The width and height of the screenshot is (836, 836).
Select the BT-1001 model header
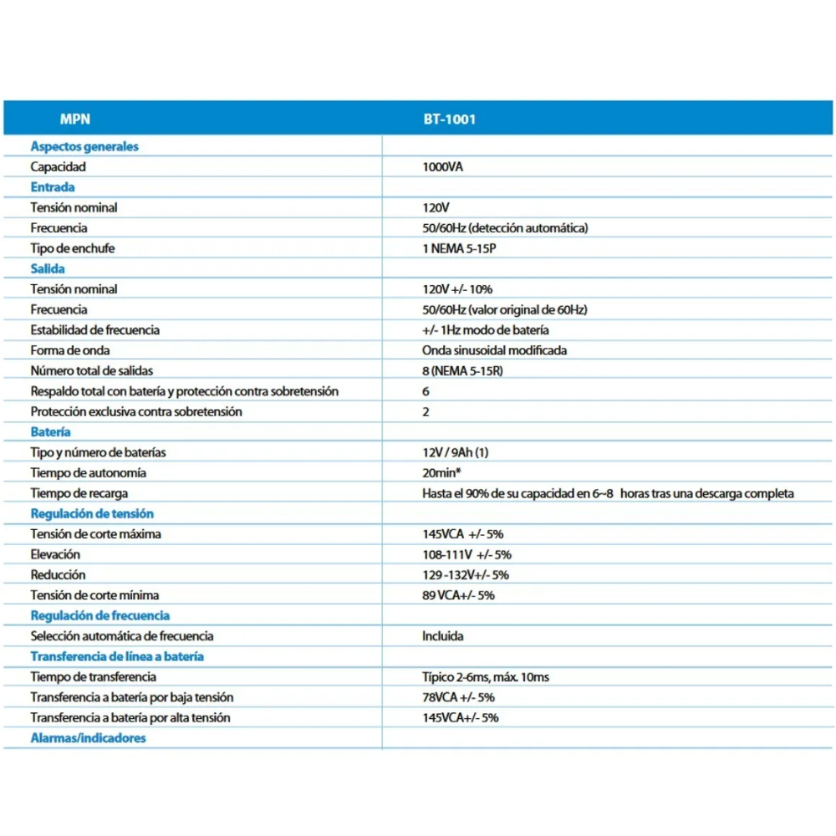click(449, 119)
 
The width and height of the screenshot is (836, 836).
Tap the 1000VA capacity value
click(442, 166)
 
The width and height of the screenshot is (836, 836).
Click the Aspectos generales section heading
click(84, 146)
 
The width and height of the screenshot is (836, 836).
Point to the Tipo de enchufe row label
click(73, 248)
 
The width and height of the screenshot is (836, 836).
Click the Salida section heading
click(48, 268)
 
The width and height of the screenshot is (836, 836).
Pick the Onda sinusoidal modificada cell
click(494, 350)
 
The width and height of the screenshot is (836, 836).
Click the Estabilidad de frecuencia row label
click(95, 329)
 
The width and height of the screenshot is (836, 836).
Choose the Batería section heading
click(51, 431)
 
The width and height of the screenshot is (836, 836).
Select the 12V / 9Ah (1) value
click(456, 452)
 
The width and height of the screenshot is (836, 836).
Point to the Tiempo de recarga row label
click(79, 493)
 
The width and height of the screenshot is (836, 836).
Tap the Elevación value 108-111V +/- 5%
click(466, 554)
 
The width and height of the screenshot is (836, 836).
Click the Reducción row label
click(58, 574)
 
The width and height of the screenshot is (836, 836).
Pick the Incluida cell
click(443, 636)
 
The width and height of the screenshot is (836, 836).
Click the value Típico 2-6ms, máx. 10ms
click(486, 676)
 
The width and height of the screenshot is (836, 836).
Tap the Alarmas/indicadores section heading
click(88, 738)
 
